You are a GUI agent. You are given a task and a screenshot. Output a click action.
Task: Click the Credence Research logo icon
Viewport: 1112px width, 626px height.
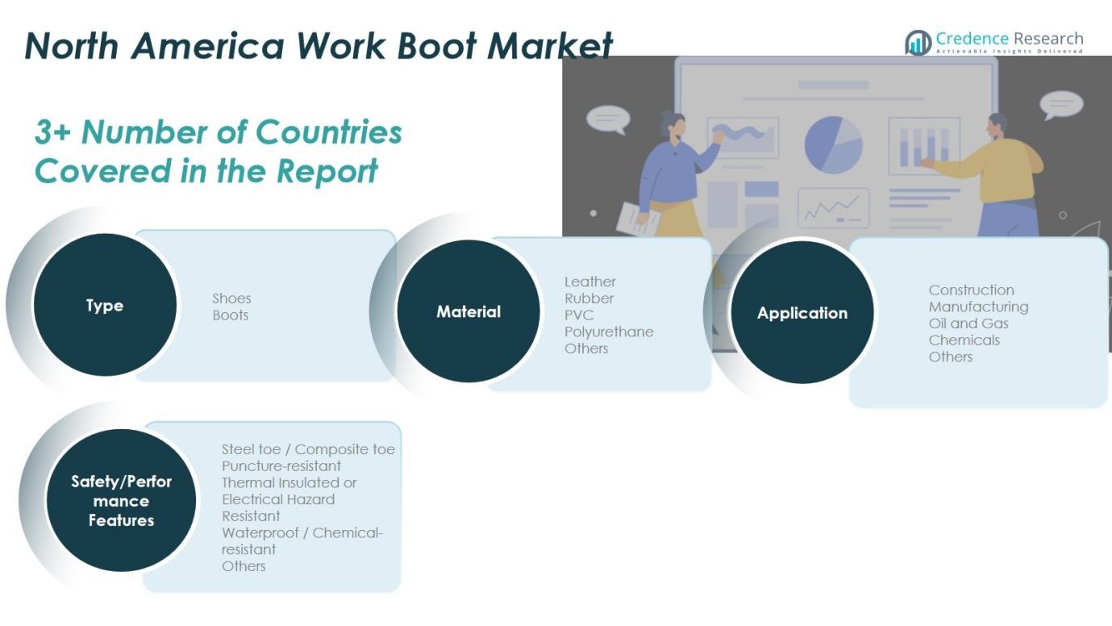point(918,42)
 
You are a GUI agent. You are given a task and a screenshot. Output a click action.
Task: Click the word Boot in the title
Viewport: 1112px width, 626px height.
point(437,46)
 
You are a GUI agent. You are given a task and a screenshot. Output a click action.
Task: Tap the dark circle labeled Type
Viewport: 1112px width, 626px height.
point(105,305)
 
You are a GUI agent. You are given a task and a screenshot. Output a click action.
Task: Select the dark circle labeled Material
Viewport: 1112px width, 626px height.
point(469,311)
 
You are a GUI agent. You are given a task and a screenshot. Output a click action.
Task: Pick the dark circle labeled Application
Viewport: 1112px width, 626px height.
point(802,312)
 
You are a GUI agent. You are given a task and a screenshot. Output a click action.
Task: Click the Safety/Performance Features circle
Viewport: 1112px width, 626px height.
point(121,500)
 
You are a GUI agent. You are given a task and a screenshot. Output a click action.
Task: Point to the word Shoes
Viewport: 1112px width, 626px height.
point(231,298)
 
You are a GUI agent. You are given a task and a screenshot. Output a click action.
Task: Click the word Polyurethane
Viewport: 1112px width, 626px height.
point(609,332)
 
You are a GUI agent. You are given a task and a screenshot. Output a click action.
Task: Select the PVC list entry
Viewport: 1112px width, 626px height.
point(579,315)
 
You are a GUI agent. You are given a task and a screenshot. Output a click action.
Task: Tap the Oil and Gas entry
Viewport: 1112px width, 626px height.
point(968,323)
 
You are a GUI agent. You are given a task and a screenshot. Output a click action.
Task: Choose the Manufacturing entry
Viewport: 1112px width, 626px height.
point(978,307)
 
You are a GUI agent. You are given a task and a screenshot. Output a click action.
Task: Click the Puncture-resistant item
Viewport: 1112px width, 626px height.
point(281,466)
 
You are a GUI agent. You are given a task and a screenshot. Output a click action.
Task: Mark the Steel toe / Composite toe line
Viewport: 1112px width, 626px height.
point(308,449)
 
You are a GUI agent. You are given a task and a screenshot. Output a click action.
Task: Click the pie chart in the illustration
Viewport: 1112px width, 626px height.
point(834,145)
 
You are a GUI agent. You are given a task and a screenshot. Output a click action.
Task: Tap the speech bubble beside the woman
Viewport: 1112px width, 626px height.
point(608,119)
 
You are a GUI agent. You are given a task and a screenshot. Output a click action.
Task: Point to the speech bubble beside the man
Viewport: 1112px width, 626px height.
point(1061,105)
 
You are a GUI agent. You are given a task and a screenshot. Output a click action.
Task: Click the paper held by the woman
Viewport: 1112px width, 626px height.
point(639,219)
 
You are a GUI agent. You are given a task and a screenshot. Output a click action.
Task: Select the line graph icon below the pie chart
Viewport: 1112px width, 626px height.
point(834,208)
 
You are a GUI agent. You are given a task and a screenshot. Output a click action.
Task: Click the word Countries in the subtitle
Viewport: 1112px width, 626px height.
point(329,132)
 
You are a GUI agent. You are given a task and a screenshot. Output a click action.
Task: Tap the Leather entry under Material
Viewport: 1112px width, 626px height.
point(589,282)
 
